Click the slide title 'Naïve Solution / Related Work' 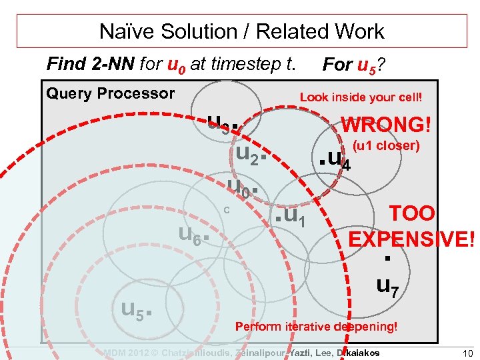point(241,31)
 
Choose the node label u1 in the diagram point(293,215)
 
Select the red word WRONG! point(386,125)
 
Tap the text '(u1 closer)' point(386,145)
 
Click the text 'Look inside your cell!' point(361,97)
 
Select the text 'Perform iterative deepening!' point(316,327)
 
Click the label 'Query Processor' point(110,93)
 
